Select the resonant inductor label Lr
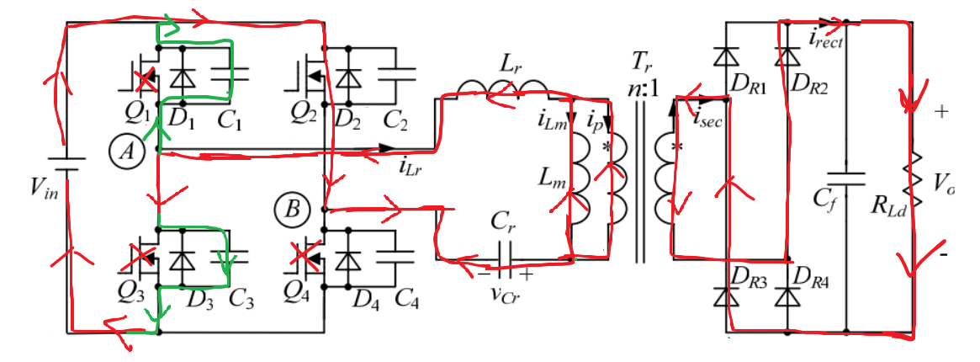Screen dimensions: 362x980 [507, 61]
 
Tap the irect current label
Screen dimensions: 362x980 [826, 36]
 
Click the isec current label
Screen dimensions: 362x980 [708, 118]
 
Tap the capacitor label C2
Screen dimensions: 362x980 [394, 123]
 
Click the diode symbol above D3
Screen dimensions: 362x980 [177, 260]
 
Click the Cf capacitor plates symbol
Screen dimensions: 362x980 [846, 178]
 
